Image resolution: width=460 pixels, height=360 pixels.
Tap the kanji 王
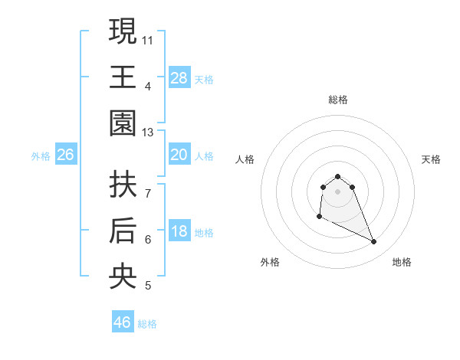(123, 77)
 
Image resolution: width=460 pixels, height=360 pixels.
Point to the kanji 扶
(123, 184)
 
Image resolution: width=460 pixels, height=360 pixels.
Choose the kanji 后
(123, 231)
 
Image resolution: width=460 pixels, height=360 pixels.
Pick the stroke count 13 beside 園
(148, 133)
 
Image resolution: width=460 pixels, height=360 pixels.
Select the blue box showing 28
(179, 78)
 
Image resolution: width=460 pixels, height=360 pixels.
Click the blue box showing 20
(179, 155)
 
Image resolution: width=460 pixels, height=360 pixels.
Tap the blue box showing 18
(179, 232)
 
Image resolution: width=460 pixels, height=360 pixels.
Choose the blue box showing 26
(66, 155)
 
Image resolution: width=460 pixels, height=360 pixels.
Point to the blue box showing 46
(122, 322)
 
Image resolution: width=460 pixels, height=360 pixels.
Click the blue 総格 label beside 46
(147, 324)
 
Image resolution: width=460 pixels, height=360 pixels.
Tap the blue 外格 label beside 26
(41, 156)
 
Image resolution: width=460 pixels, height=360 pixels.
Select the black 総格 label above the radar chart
(337, 100)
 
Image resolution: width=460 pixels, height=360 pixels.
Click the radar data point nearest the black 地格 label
(374, 242)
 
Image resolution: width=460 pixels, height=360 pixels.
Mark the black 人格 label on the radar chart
(245, 159)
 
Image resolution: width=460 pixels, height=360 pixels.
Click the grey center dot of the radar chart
(337, 191)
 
